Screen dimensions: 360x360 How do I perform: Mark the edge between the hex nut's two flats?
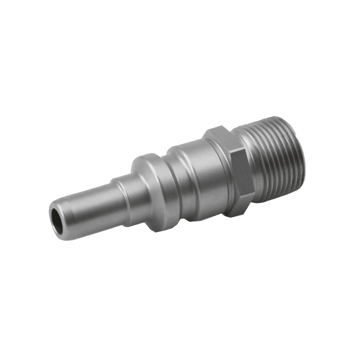[x=230, y=151]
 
